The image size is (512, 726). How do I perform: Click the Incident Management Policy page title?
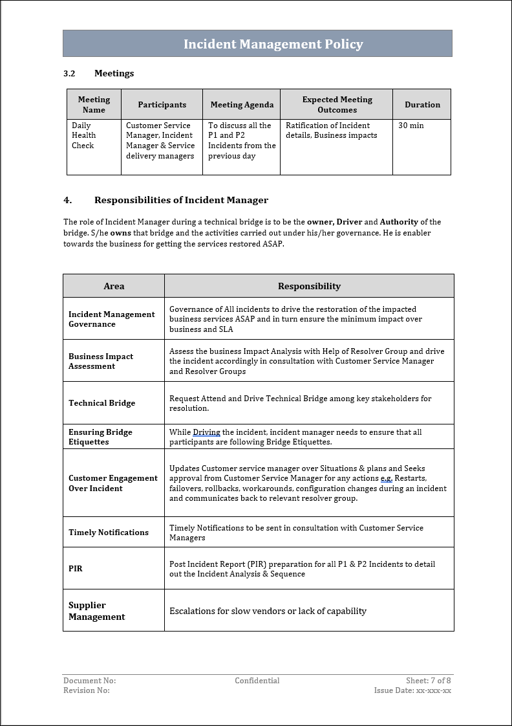(x=273, y=44)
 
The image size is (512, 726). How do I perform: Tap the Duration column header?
(x=422, y=105)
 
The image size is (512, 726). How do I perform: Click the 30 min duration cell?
(x=411, y=126)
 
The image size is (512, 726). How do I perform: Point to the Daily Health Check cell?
(x=84, y=135)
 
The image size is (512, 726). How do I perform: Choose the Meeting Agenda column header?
(x=242, y=105)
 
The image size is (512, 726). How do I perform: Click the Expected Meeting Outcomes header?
(x=337, y=105)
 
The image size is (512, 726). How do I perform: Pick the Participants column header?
(x=162, y=105)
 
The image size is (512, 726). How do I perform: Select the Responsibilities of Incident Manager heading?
(x=181, y=200)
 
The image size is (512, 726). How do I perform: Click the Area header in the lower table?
(x=114, y=286)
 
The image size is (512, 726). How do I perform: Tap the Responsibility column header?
(x=309, y=286)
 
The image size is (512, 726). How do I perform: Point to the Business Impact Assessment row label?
(x=101, y=361)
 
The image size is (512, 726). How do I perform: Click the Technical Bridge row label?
(x=102, y=403)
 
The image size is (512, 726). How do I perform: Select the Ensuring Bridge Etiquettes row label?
(x=100, y=437)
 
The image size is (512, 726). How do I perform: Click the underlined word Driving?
(x=206, y=432)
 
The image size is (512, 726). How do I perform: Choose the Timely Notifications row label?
(x=109, y=533)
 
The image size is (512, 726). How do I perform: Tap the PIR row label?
(x=76, y=569)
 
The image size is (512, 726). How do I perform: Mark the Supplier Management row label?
(x=97, y=611)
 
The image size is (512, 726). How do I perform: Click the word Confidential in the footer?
(x=257, y=681)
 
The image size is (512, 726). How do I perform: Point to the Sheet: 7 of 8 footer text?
(x=428, y=681)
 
